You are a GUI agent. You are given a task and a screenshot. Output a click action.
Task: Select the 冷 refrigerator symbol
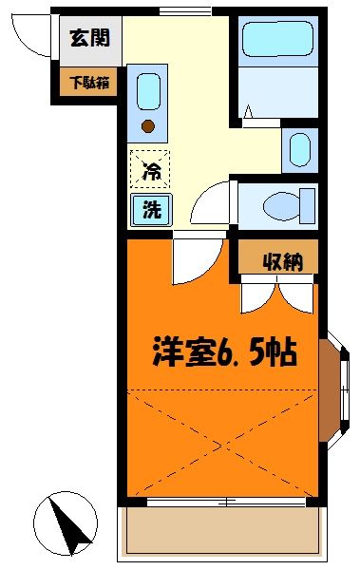pyautogui.click(x=151, y=171)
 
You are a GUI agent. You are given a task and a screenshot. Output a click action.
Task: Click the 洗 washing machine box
pyautogui.click(x=151, y=211)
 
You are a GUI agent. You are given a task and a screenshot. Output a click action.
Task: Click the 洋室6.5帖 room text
pyautogui.click(x=224, y=352)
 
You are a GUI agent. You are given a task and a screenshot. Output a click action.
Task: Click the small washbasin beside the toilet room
pyautogui.click(x=298, y=149)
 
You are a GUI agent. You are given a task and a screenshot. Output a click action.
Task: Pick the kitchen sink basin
pyautogui.click(x=148, y=92)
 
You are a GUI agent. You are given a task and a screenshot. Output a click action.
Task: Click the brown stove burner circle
pyautogui.click(x=148, y=124)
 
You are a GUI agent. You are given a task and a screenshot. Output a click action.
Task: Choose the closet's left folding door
pyautogui.click(x=255, y=294)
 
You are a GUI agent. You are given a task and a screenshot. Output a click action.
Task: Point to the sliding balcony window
pyautogui.click(x=224, y=499)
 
